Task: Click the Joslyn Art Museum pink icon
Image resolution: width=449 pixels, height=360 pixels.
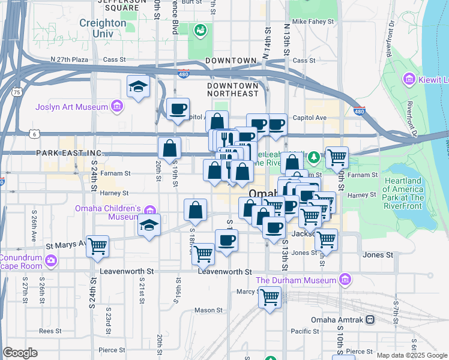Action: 117,107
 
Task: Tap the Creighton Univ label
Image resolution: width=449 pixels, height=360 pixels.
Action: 103,28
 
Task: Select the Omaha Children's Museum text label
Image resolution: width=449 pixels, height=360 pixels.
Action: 108,213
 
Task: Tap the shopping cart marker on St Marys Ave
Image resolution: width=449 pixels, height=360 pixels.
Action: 97,245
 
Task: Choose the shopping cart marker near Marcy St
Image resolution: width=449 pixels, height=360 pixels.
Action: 270,296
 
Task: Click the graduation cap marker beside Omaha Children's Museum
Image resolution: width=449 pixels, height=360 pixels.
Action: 149,226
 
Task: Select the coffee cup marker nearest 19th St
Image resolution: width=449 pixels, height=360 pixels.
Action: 178,109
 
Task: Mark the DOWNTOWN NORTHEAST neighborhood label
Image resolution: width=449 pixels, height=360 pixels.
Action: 232,90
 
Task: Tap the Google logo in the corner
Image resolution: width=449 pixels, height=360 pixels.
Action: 20,353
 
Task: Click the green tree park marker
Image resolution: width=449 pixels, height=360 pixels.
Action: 313,157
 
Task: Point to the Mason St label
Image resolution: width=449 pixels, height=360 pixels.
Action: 208,310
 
